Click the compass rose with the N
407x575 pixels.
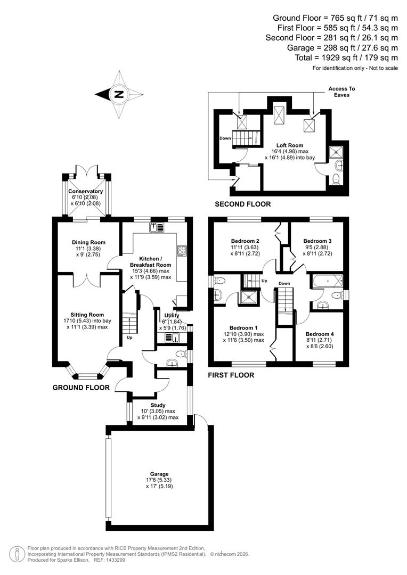[x=119, y=95]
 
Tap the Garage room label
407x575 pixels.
[x=159, y=474]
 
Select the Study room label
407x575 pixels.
[x=158, y=405]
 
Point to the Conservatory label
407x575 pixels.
[x=85, y=191]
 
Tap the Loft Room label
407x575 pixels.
[x=290, y=145]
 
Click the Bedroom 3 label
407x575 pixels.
[x=317, y=241]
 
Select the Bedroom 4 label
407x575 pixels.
[x=320, y=334]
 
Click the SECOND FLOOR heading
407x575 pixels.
[x=242, y=204]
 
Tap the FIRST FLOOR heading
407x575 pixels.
[x=231, y=375]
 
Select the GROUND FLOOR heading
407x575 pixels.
[x=81, y=388]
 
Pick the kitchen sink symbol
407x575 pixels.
[x=156, y=227]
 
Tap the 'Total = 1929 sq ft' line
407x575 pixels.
[x=346, y=57]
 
